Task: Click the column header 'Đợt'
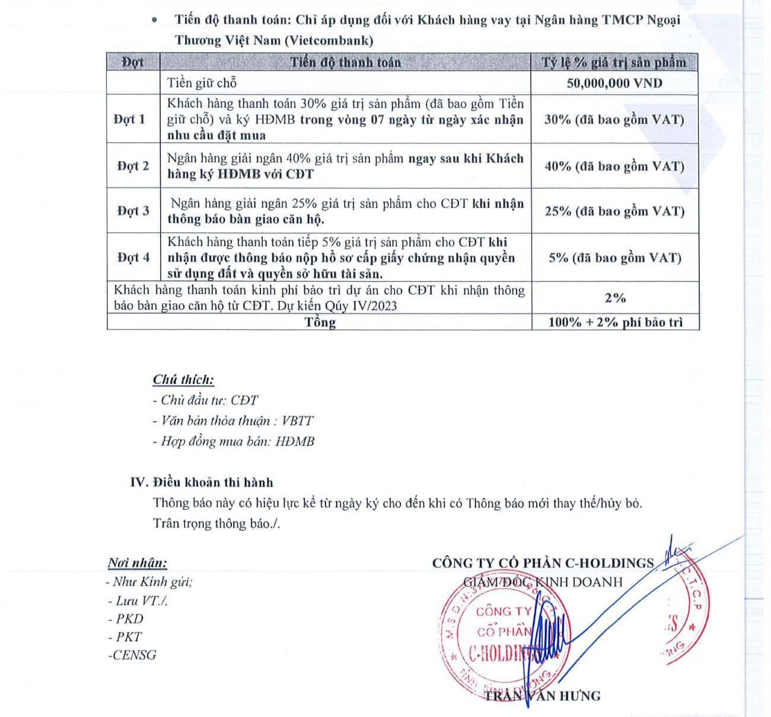click(133, 62)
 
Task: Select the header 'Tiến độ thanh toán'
click(345, 62)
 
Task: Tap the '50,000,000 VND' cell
click(614, 83)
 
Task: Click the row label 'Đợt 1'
click(129, 119)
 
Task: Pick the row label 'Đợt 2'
click(133, 166)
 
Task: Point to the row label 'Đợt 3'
click(133, 211)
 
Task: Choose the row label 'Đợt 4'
click(133, 257)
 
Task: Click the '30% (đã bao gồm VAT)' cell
click(614, 119)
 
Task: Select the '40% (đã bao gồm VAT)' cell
click(614, 166)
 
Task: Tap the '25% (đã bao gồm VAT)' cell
click(614, 211)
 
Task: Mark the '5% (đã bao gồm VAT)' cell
click(614, 257)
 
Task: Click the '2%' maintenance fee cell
click(615, 297)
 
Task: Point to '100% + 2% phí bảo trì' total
click(615, 322)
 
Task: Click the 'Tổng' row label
click(320, 322)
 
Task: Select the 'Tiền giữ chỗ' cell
click(202, 83)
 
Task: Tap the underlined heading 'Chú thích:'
click(183, 380)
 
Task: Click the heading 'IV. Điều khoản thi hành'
click(202, 482)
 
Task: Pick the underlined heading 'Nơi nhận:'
click(137, 563)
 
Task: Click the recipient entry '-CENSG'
click(132, 655)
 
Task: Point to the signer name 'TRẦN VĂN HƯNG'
click(542, 696)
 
